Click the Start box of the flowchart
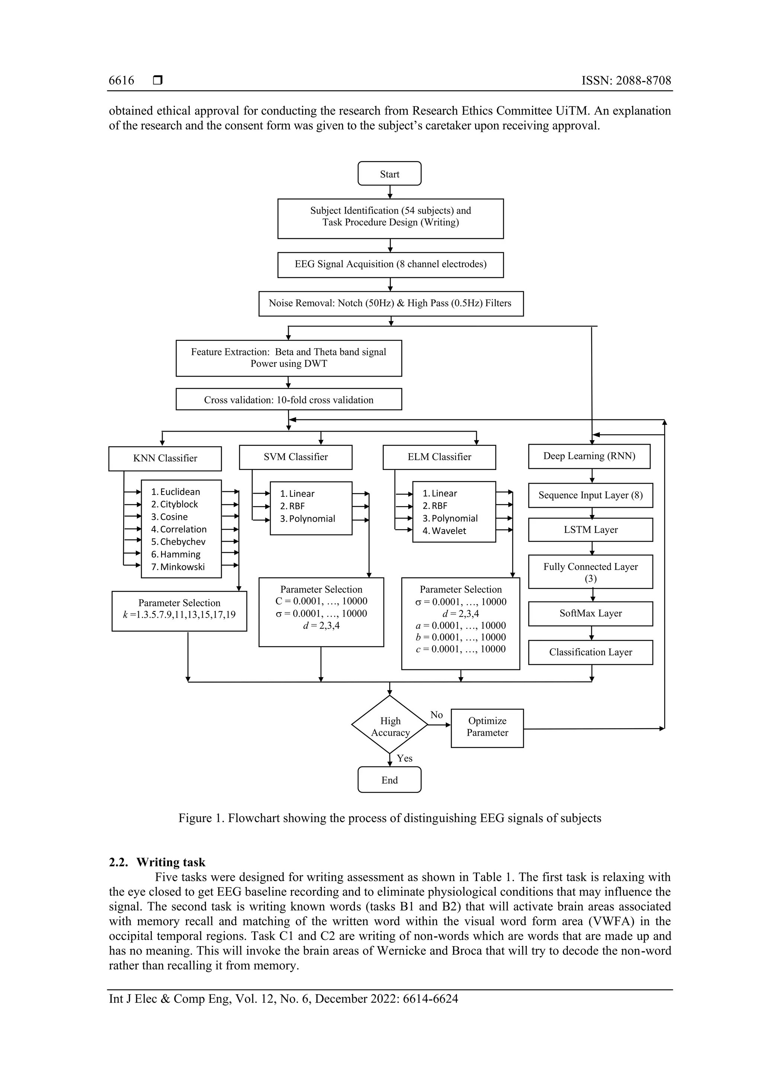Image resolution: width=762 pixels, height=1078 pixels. coord(389,174)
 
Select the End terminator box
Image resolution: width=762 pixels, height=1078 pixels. coord(389,780)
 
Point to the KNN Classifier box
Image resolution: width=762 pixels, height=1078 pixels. coord(165,458)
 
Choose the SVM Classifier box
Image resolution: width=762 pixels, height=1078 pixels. coord(295,457)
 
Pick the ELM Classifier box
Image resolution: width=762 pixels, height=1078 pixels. coord(439,457)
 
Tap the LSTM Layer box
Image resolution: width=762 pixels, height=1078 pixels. coord(590,530)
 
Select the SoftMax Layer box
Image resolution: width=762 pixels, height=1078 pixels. coord(590,613)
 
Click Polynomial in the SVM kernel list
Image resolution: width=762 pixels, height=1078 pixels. coord(312,519)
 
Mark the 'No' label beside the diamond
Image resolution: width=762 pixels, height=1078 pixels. coord(436,714)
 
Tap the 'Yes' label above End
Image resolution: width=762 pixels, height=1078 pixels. coord(404,758)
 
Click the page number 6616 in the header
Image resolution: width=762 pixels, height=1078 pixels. coord(121,81)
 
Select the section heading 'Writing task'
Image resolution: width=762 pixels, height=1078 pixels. coord(170,863)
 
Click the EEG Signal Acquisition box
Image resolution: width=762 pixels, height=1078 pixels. coord(390,264)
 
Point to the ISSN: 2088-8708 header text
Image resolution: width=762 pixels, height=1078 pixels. coord(626,81)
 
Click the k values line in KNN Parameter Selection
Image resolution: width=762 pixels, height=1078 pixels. coord(179,615)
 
